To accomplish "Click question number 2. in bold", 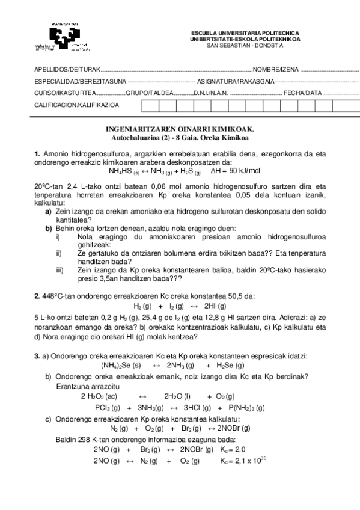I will coord(38,296).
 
